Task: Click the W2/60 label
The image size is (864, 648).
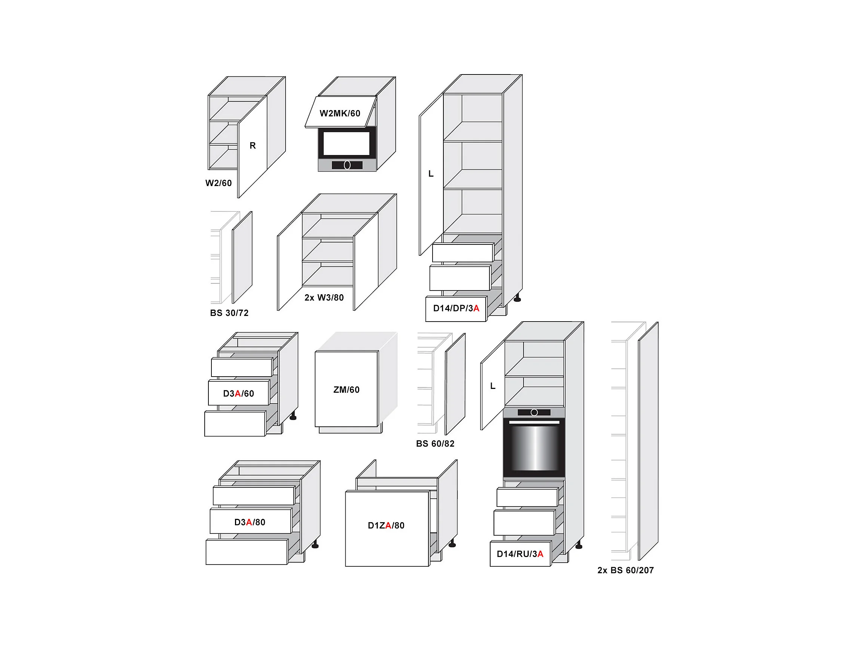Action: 219,183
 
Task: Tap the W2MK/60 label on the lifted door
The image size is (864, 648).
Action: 339,113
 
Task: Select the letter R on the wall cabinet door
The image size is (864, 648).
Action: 253,146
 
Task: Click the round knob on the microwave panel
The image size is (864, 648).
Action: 347,165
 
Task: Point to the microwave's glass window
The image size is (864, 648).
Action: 346,143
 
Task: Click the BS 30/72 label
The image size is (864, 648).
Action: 229,313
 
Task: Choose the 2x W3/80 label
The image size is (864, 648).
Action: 324,298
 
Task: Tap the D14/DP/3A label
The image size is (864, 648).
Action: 456,308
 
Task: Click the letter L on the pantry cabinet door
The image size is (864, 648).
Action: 431,174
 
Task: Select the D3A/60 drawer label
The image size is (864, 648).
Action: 238,393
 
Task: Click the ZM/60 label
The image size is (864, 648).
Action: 346,390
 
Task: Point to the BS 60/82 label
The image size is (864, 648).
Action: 435,444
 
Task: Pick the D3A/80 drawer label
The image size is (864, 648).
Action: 250,522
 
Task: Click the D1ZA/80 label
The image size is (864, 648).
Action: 386,526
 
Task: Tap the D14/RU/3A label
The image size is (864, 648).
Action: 519,554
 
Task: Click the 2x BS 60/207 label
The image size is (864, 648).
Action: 625,570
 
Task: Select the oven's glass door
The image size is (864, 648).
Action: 534,447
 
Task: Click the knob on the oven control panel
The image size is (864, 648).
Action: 534,412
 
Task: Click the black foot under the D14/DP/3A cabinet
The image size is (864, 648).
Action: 517,299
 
